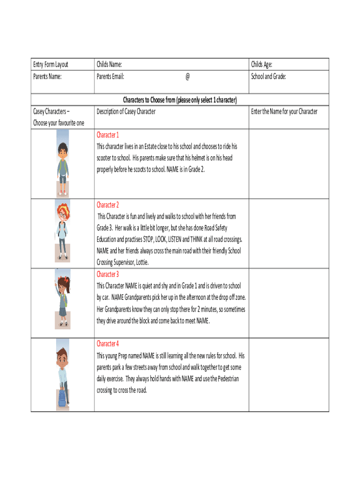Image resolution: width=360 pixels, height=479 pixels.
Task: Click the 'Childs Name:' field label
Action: coord(109,65)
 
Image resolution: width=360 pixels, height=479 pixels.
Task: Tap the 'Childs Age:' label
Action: coord(262,65)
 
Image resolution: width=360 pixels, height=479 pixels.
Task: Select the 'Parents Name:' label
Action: coord(47,76)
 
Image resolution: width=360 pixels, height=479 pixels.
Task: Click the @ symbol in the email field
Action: coord(187,76)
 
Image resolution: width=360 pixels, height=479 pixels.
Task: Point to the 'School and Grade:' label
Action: coord(268,76)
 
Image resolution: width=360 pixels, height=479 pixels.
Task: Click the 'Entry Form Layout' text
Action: coord(50,65)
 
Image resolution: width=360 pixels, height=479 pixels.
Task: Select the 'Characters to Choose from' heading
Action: coord(180,100)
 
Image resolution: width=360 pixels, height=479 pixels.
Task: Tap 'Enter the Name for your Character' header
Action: coord(284,111)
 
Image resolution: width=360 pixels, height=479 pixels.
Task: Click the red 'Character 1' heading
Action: coord(108,135)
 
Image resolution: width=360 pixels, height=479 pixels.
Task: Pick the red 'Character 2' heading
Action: coord(108,205)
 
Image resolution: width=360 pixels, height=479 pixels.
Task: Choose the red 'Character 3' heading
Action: coord(108,274)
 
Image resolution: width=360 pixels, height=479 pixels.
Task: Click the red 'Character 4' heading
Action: coord(108,344)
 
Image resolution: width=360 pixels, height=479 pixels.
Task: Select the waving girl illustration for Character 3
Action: coord(63,299)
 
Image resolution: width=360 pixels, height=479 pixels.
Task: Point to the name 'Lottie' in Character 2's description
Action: coord(140,263)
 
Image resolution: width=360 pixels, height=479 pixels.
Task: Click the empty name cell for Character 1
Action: coord(288,164)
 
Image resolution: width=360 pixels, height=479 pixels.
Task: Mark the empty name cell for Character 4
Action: coord(288,375)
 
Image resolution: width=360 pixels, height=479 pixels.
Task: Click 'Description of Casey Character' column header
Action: coord(126,111)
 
